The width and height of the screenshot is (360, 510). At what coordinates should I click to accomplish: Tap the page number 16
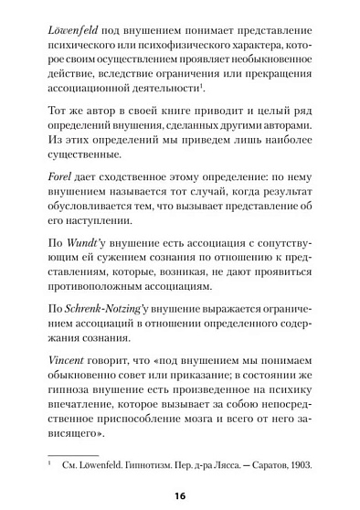(180, 494)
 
